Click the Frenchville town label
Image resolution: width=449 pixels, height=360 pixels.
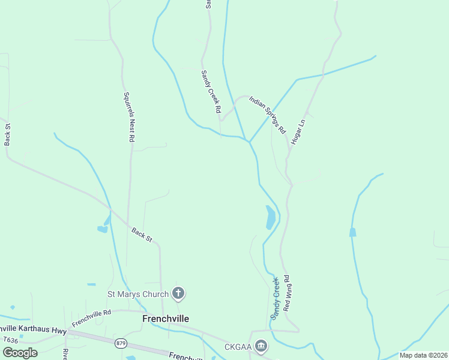(x=166, y=319)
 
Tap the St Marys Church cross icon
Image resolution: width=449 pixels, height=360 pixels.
(x=178, y=293)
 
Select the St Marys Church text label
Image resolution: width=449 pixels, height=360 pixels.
(x=137, y=294)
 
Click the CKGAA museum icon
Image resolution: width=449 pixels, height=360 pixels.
(x=261, y=346)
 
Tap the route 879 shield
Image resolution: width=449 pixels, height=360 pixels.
(x=121, y=343)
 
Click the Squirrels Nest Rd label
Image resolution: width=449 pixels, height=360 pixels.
(x=128, y=116)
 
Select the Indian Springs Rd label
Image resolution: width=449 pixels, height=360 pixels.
(x=268, y=113)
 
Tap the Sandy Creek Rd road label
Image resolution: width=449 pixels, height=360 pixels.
(x=211, y=92)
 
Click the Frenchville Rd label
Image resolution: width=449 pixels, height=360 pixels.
(x=91, y=318)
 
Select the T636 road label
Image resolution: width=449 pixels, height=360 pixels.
(x=11, y=340)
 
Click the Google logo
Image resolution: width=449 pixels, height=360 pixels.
(x=20, y=352)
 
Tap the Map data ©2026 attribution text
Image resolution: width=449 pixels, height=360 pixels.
(x=423, y=355)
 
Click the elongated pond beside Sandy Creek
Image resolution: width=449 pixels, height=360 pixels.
(x=271, y=217)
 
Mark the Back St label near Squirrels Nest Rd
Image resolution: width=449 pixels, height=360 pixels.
(x=142, y=235)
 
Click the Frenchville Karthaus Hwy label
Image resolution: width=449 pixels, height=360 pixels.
(x=33, y=329)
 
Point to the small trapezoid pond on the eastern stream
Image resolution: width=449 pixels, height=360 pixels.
(x=352, y=232)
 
